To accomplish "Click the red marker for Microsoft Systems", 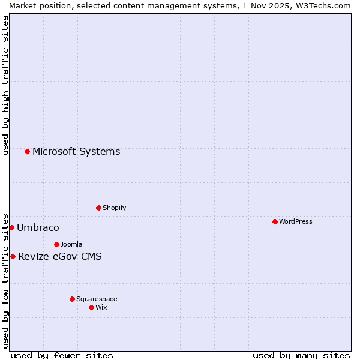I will (27, 151).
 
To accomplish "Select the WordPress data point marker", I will (275, 221).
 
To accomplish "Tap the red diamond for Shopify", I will (98, 208).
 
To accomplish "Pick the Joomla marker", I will (56, 244).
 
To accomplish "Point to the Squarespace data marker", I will (72, 299).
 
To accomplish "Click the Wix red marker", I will (91, 307).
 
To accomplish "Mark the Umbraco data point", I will (11, 227).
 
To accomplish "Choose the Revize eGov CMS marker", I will (13, 256).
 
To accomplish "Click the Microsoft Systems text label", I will (76, 151).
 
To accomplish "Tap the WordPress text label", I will (296, 221).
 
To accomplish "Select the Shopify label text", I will (114, 208).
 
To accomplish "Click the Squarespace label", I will (97, 299).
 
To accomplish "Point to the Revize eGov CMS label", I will (60, 257).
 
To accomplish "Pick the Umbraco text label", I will (38, 227).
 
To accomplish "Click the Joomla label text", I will (71, 244).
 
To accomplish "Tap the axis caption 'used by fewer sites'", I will (62, 355).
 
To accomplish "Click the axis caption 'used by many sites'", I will (301, 355).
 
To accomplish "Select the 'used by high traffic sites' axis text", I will (5, 85).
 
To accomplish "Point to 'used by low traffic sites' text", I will (5, 280).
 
